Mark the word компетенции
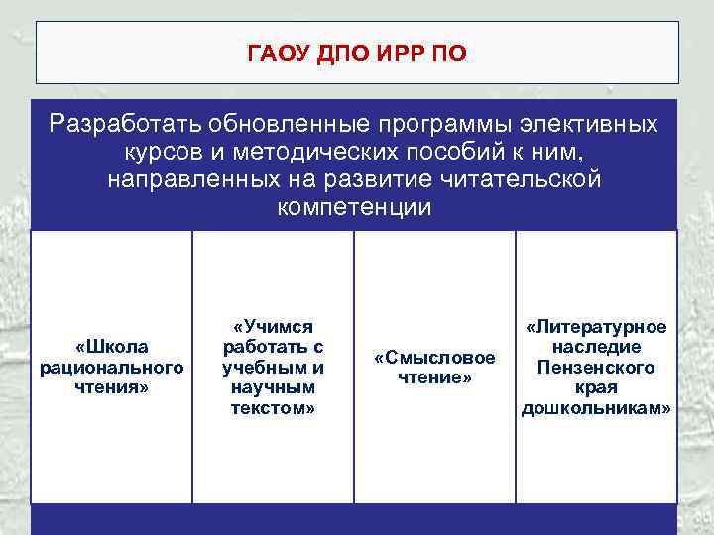pyautogui.click(x=354, y=208)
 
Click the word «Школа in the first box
pyautogui.click(x=111, y=346)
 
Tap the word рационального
pyautogui.click(x=111, y=367)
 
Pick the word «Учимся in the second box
pyautogui.click(x=273, y=326)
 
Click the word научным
pyautogui.click(x=273, y=387)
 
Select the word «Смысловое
pyautogui.click(x=434, y=357)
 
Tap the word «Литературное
pyautogui.click(x=596, y=326)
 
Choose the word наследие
pyautogui.click(x=596, y=347)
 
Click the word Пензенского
pyautogui.click(x=596, y=367)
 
